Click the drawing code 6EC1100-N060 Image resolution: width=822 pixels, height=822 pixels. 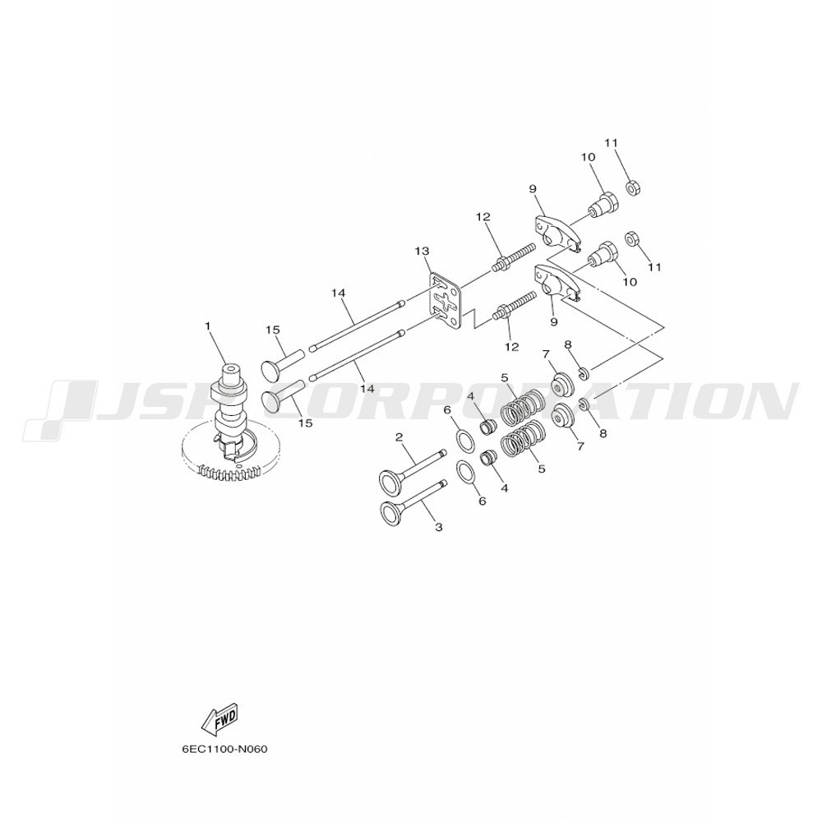(224, 749)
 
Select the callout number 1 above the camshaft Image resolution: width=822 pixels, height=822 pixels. (208, 326)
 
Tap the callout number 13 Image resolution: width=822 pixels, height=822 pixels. (422, 252)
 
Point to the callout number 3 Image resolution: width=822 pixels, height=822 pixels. (439, 528)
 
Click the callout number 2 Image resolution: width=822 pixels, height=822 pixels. (399, 436)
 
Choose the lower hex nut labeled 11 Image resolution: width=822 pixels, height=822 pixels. (631, 239)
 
